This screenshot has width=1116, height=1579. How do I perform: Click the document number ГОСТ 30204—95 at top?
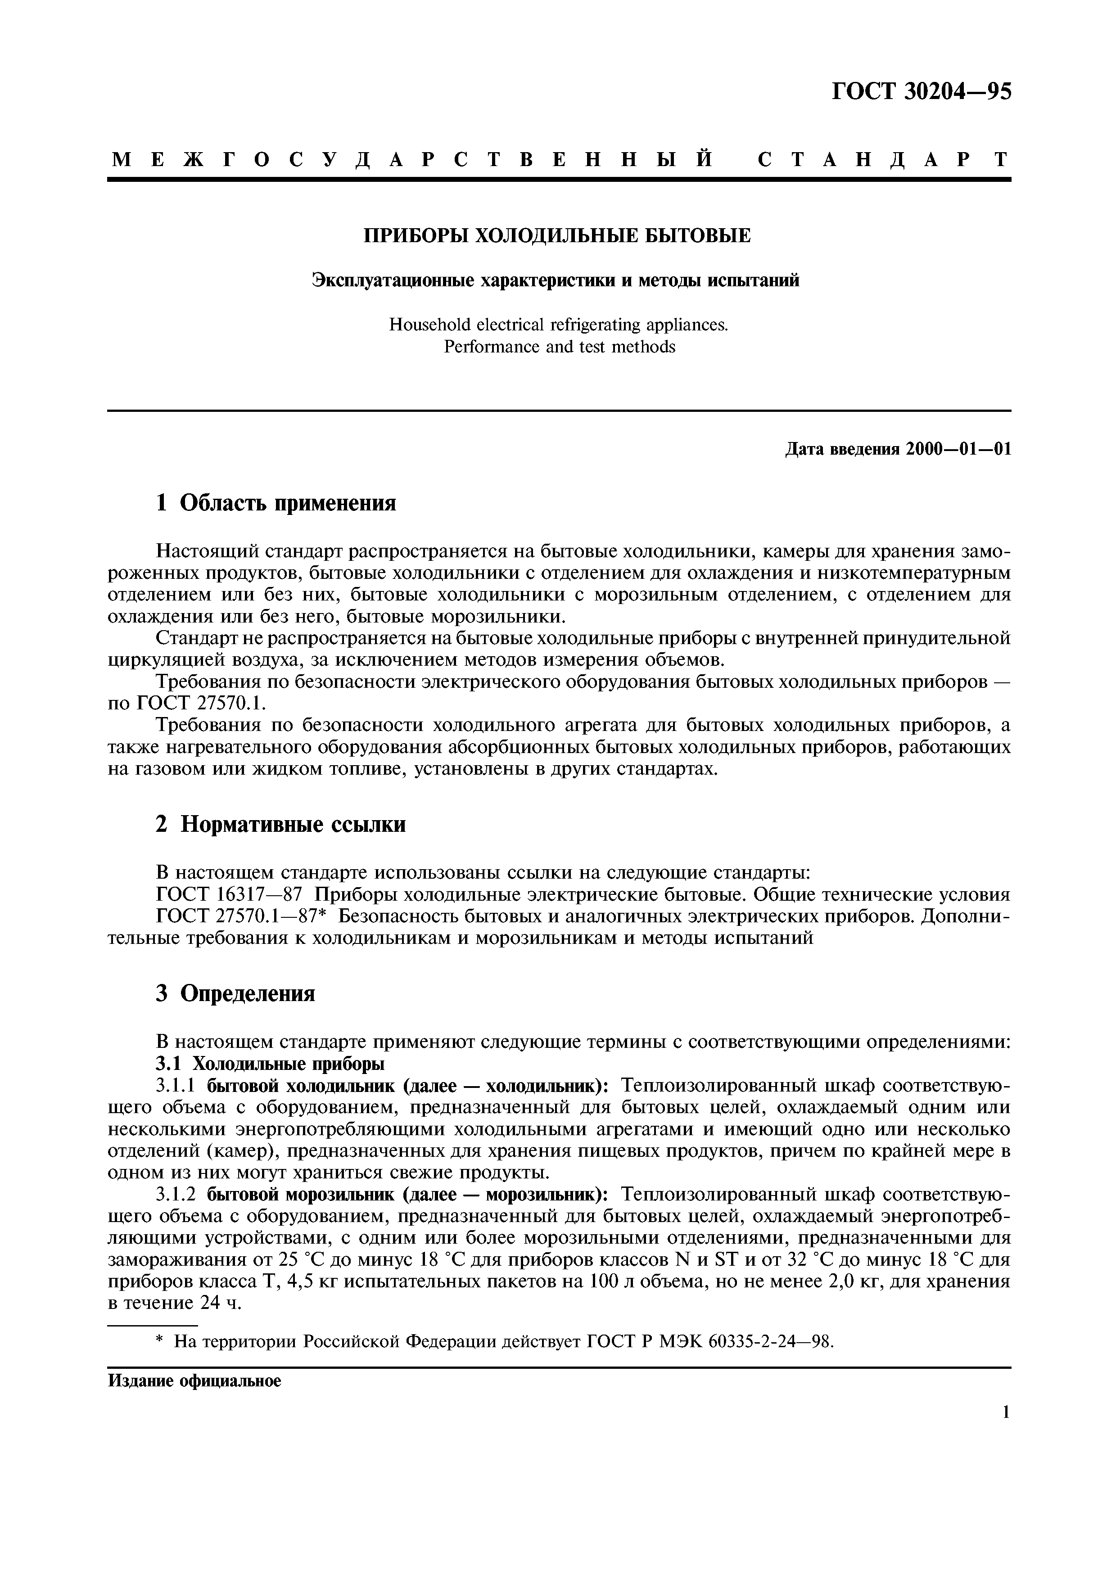(922, 91)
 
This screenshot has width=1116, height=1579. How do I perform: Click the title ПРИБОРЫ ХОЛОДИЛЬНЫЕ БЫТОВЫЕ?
(557, 236)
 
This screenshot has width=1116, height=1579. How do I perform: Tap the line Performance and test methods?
(559, 347)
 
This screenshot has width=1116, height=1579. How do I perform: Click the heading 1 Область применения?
(276, 503)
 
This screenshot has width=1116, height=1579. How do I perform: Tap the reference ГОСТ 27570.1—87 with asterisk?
(241, 917)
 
